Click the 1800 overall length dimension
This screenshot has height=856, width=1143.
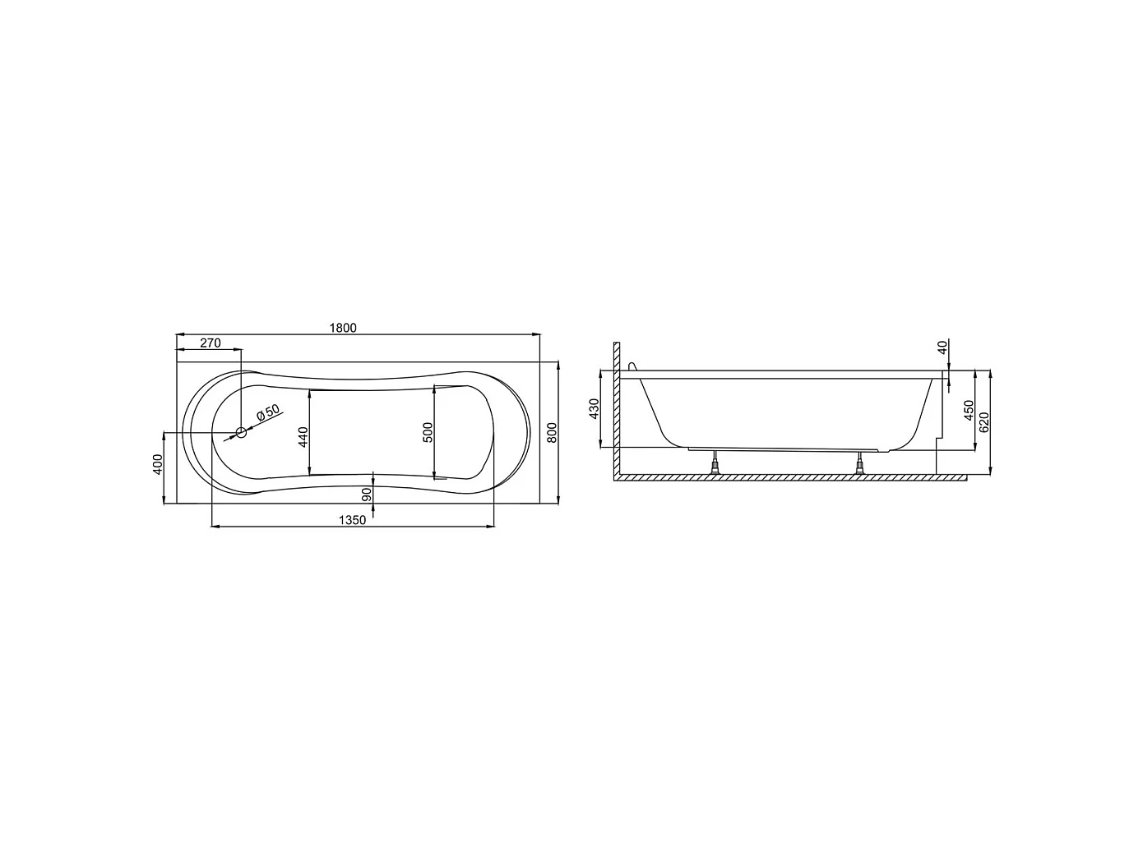point(343,328)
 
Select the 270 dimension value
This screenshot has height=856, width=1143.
point(211,343)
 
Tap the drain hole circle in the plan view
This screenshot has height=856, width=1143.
point(241,431)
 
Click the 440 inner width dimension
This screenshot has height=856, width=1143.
point(303,435)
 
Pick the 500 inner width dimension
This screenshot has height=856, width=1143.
point(428,432)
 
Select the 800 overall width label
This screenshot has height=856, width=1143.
point(553,432)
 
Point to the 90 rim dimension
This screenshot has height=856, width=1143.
point(367,495)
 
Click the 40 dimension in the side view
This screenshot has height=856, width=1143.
point(942,347)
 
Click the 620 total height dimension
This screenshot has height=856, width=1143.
point(984,421)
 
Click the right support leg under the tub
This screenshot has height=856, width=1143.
point(860,464)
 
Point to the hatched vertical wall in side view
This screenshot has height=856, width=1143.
point(614,411)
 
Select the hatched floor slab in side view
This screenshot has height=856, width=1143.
point(789,478)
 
